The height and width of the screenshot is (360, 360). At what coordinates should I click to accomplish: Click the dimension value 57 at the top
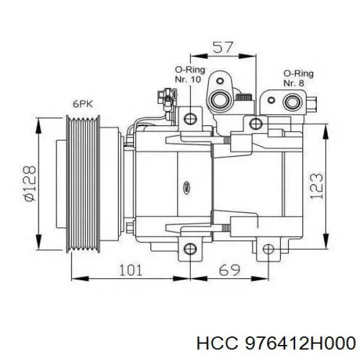[x=223, y=47]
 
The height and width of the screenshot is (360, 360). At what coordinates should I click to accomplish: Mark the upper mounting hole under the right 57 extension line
[x=257, y=124]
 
